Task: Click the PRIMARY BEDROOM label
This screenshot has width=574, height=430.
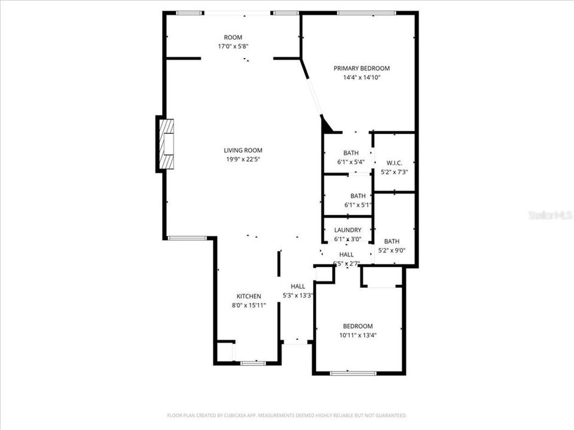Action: pyautogui.click(x=361, y=69)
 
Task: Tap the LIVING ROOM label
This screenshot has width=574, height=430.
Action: pyautogui.click(x=243, y=150)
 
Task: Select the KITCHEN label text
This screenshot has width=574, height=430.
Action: pyautogui.click(x=249, y=296)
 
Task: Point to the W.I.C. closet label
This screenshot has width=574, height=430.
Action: pyautogui.click(x=394, y=163)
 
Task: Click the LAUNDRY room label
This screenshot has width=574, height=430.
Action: pyautogui.click(x=347, y=231)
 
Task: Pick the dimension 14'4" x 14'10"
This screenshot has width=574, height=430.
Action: pyautogui.click(x=361, y=78)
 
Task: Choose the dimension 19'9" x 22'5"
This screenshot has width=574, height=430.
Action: pyautogui.click(x=243, y=159)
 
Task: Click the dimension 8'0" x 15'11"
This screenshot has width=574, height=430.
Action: pyautogui.click(x=249, y=305)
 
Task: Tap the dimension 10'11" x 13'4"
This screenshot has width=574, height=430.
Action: pyautogui.click(x=358, y=335)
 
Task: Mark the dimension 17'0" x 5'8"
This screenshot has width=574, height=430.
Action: pyautogui.click(x=233, y=46)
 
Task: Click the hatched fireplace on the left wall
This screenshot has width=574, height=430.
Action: pyautogui.click(x=166, y=145)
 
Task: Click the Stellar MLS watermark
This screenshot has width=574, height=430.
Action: pyautogui.click(x=550, y=215)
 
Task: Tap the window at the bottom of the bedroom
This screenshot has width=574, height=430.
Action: pyautogui.click(x=353, y=373)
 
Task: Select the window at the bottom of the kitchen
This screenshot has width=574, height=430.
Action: pyautogui.click(x=252, y=362)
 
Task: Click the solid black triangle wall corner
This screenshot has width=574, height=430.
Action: pyautogui.click(x=326, y=126)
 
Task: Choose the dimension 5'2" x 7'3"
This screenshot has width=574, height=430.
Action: pyautogui.click(x=394, y=172)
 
